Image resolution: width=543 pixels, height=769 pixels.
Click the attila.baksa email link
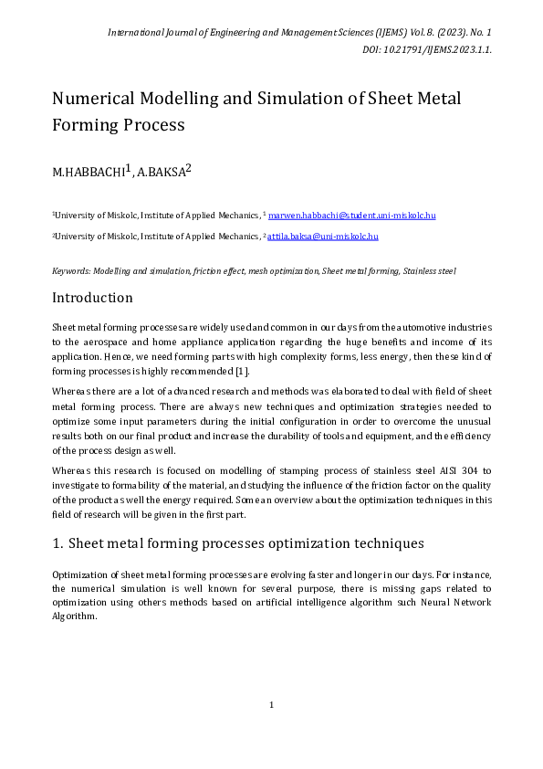tap(322, 236)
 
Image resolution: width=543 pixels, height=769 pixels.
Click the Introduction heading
tap(92, 298)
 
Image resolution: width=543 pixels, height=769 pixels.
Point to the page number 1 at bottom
tap(272, 704)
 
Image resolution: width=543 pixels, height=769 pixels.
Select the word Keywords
tap(71, 271)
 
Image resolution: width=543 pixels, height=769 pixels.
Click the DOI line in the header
tap(426, 49)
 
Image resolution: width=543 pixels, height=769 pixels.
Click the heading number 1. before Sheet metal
tap(57, 543)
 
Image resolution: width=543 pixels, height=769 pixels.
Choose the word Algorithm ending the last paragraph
tap(74, 617)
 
